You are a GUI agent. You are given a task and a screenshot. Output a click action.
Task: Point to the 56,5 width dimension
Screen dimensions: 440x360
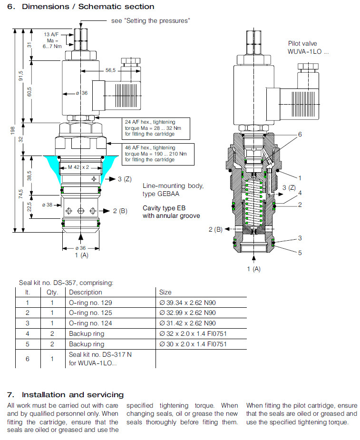[x=110, y=70]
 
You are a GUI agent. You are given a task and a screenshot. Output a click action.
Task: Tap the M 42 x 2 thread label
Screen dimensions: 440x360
[x=75, y=167]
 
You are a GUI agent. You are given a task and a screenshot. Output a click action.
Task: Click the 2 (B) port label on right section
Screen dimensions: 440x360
[x=215, y=229]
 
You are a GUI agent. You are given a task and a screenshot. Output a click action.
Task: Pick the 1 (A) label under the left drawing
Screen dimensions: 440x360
[x=82, y=255]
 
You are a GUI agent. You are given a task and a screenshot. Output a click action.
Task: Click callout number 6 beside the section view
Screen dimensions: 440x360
[x=300, y=135]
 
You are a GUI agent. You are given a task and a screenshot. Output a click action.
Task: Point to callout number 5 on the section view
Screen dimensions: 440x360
[x=300, y=253]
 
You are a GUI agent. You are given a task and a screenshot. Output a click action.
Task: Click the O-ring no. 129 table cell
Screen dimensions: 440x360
[x=91, y=303]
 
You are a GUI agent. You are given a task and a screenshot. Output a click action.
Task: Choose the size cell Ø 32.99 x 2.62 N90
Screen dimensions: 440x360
[x=187, y=313]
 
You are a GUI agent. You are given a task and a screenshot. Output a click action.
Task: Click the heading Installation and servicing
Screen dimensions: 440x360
[x=66, y=395]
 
